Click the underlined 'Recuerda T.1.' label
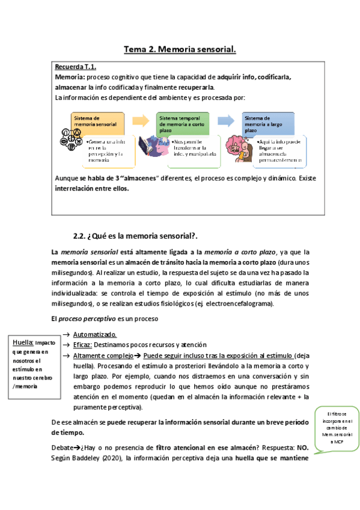click(x=76, y=67)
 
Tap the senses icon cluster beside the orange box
click(x=68, y=145)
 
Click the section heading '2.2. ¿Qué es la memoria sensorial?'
click(x=144, y=236)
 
